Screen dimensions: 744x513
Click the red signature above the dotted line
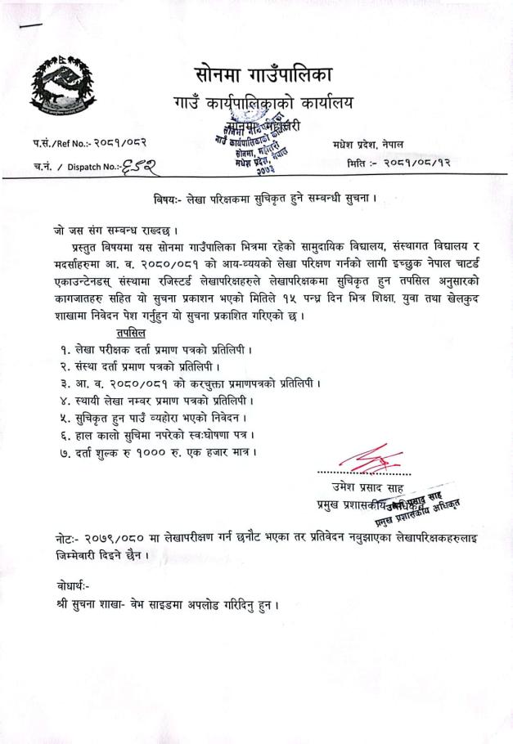(x=371, y=455)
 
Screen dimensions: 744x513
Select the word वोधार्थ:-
(x=65, y=585)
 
